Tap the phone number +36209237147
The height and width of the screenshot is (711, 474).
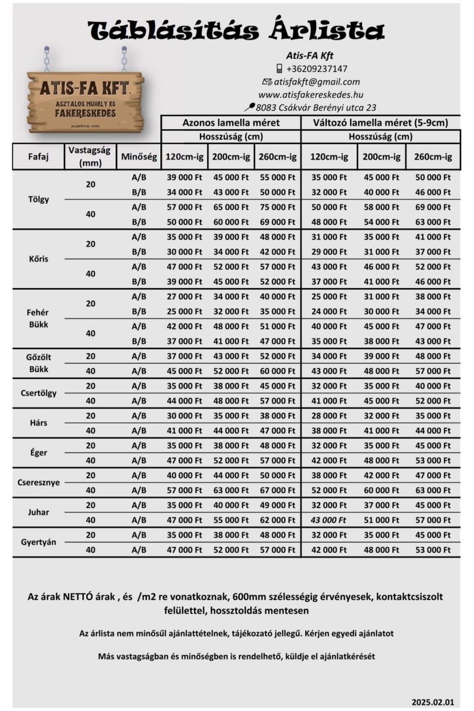tap(316, 69)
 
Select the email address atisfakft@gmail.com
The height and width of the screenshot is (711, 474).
tap(317, 82)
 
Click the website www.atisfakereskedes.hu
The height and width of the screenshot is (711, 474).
tap(310, 95)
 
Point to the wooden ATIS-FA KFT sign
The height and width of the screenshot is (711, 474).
tap(85, 102)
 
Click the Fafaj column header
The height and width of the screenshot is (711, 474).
tap(38, 156)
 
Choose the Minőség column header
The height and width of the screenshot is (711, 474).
tap(139, 156)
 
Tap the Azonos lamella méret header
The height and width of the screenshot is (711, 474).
tap(231, 123)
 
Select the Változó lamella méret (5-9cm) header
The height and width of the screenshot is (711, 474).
tap(380, 123)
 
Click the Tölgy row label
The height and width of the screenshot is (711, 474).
tap(38, 199)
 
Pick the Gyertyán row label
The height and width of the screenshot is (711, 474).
tap(38, 542)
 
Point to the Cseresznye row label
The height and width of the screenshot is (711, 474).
tap(38, 482)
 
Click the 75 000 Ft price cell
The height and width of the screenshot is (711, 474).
tap(277, 207)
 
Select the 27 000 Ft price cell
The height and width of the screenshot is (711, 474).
tap(184, 297)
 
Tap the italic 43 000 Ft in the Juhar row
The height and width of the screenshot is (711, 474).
tap(329, 520)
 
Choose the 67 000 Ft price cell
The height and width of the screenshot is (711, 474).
tap(277, 490)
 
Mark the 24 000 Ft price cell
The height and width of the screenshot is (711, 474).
tap(329, 311)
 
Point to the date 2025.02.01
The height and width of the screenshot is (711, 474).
tap(433, 702)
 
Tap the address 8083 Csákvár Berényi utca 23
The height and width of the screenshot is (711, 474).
tap(316, 108)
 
